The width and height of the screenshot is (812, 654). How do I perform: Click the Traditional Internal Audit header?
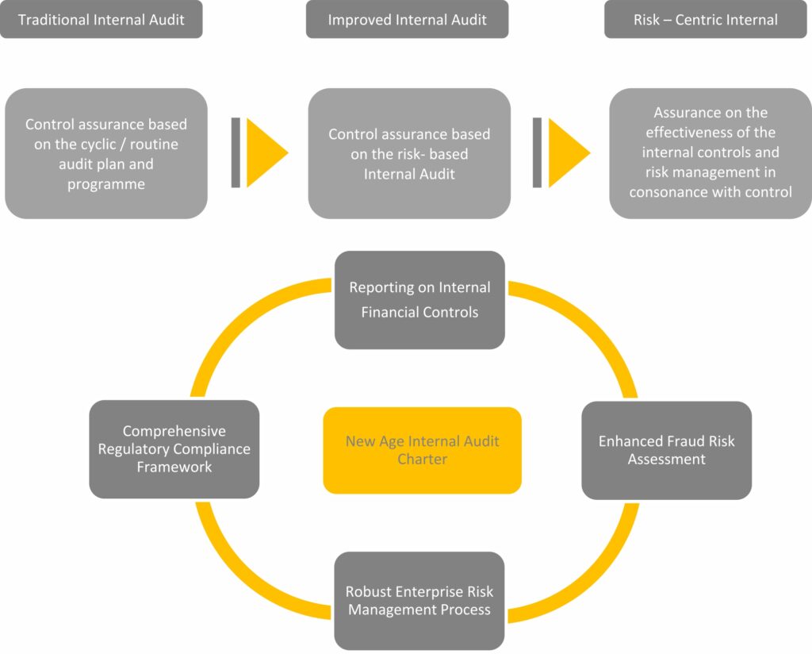[x=101, y=20]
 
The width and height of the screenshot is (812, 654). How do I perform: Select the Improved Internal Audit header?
[x=407, y=20]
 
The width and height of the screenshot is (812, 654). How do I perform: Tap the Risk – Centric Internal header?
[x=706, y=20]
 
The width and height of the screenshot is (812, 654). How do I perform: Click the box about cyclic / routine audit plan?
[x=106, y=153]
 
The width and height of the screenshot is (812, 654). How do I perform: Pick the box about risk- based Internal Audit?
[x=409, y=153]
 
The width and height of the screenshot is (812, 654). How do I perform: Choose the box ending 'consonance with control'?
[x=710, y=153]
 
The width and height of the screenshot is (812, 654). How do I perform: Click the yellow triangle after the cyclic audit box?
[x=264, y=153]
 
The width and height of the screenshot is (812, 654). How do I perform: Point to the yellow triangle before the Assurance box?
[x=566, y=153]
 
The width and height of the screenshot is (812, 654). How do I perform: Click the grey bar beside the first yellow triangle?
[x=236, y=153]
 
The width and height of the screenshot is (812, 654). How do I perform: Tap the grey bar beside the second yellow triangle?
[x=537, y=153]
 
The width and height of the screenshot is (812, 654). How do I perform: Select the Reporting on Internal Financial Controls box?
[x=419, y=300]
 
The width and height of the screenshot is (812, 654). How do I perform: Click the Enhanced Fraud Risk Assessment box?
[x=666, y=450]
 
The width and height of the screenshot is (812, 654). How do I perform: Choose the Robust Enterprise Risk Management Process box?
[x=419, y=601]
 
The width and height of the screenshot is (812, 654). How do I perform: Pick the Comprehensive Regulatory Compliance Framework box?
[x=174, y=449]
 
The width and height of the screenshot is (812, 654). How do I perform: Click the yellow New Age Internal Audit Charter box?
[x=422, y=450]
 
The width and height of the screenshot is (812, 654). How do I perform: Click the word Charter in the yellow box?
[x=422, y=460]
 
